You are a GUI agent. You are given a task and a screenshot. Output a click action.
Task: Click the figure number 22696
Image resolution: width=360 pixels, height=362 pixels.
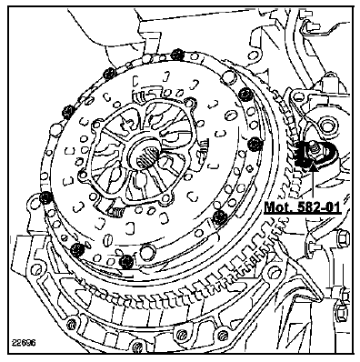(x=24, y=343)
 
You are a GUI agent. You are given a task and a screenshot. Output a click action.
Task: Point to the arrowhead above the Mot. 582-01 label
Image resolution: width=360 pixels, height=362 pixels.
(x=313, y=166)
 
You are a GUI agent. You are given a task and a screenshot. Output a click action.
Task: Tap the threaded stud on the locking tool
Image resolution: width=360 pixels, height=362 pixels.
(x=312, y=146)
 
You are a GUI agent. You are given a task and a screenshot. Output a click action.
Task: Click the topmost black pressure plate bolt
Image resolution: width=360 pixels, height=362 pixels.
(x=176, y=55)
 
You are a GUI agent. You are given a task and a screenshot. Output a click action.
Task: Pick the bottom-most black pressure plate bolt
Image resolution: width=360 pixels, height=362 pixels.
(x=126, y=261)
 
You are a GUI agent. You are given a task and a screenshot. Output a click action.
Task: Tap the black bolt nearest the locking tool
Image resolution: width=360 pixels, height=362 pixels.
(x=255, y=144)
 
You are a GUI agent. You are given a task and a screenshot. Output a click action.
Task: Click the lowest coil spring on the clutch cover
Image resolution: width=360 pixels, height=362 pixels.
(x=115, y=212)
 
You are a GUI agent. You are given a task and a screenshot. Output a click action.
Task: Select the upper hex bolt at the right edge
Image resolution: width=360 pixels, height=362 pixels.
(x=343, y=238)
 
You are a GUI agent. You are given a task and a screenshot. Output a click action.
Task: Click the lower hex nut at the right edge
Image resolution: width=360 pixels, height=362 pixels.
(x=341, y=311)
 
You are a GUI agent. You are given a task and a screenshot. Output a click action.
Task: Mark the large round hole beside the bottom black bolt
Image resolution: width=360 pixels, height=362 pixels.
(x=146, y=252)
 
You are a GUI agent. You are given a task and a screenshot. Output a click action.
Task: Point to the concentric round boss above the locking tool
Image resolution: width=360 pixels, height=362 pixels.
(x=326, y=126)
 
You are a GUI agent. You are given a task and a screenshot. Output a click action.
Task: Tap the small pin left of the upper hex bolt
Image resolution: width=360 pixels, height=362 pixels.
(x=314, y=246)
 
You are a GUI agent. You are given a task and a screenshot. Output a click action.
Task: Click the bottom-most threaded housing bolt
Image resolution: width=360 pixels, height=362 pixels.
(x=138, y=347)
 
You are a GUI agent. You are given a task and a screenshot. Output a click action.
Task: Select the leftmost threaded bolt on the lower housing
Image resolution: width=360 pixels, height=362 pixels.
(x=72, y=324)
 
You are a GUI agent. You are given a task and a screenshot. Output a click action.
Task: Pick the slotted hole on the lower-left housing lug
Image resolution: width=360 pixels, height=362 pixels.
(x=36, y=270)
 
